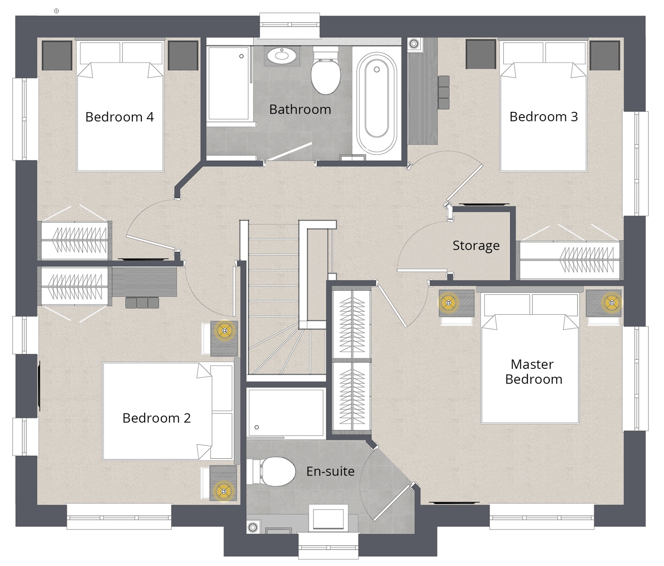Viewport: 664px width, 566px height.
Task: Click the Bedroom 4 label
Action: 120,117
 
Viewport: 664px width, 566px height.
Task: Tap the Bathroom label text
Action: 300,110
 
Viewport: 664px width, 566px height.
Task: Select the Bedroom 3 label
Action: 544,117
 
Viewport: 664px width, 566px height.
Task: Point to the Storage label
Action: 476,246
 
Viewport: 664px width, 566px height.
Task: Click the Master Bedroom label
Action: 534,372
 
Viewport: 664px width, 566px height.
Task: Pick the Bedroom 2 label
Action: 157,418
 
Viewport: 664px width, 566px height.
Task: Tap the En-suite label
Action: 330,471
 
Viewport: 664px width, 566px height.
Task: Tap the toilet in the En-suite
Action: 274,471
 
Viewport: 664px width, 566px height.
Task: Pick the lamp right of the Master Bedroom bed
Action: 612,302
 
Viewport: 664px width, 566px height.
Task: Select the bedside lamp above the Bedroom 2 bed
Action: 225,330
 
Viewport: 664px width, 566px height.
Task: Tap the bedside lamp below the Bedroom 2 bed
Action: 223,491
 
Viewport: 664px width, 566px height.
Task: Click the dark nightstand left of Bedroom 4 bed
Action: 57,55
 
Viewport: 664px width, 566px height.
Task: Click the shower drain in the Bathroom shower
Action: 241,56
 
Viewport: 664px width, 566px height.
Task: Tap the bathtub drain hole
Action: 377,69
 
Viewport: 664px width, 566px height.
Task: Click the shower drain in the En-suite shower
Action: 257,427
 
